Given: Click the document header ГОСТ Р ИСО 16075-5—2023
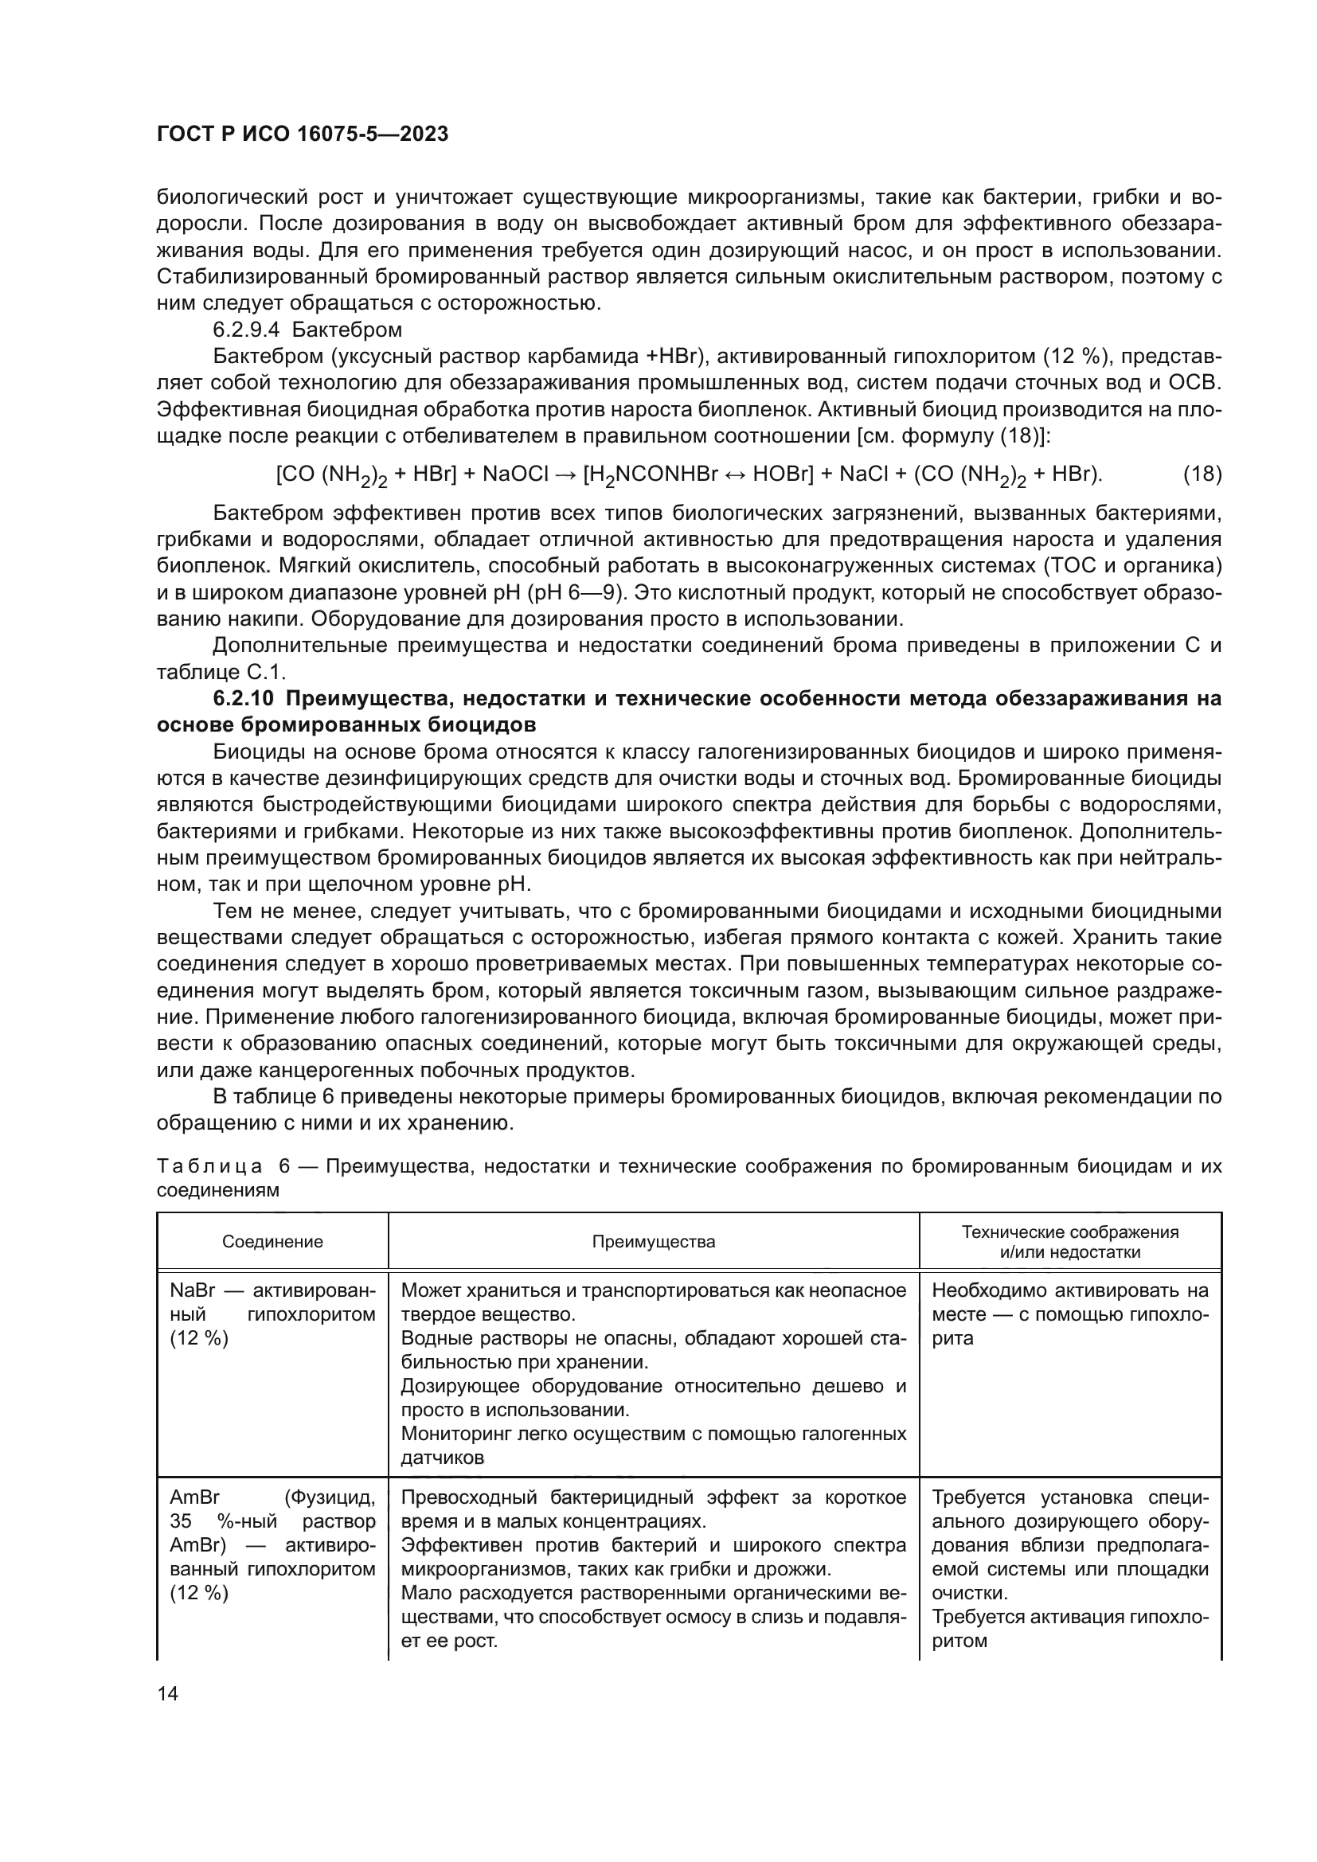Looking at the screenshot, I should (x=302, y=135).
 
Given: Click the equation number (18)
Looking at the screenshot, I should (x=1202, y=474).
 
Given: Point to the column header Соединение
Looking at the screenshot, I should (x=272, y=1242).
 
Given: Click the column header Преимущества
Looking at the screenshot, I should (x=653, y=1242).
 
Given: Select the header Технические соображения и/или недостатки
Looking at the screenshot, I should (x=1069, y=1242).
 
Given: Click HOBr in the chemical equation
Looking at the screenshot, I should (x=782, y=474).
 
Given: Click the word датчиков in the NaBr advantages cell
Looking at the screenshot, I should (x=442, y=1458).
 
